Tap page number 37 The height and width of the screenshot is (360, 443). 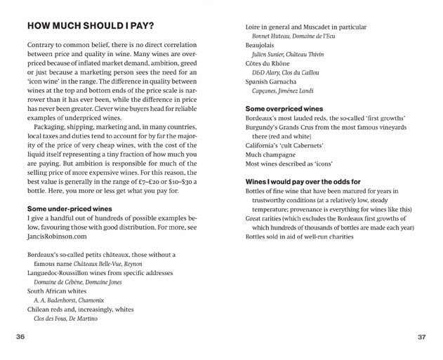point(421,337)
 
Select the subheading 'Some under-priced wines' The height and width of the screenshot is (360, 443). point(69,209)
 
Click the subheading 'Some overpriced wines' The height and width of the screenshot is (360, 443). point(284,109)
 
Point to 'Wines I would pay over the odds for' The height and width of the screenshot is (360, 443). point(303,181)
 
